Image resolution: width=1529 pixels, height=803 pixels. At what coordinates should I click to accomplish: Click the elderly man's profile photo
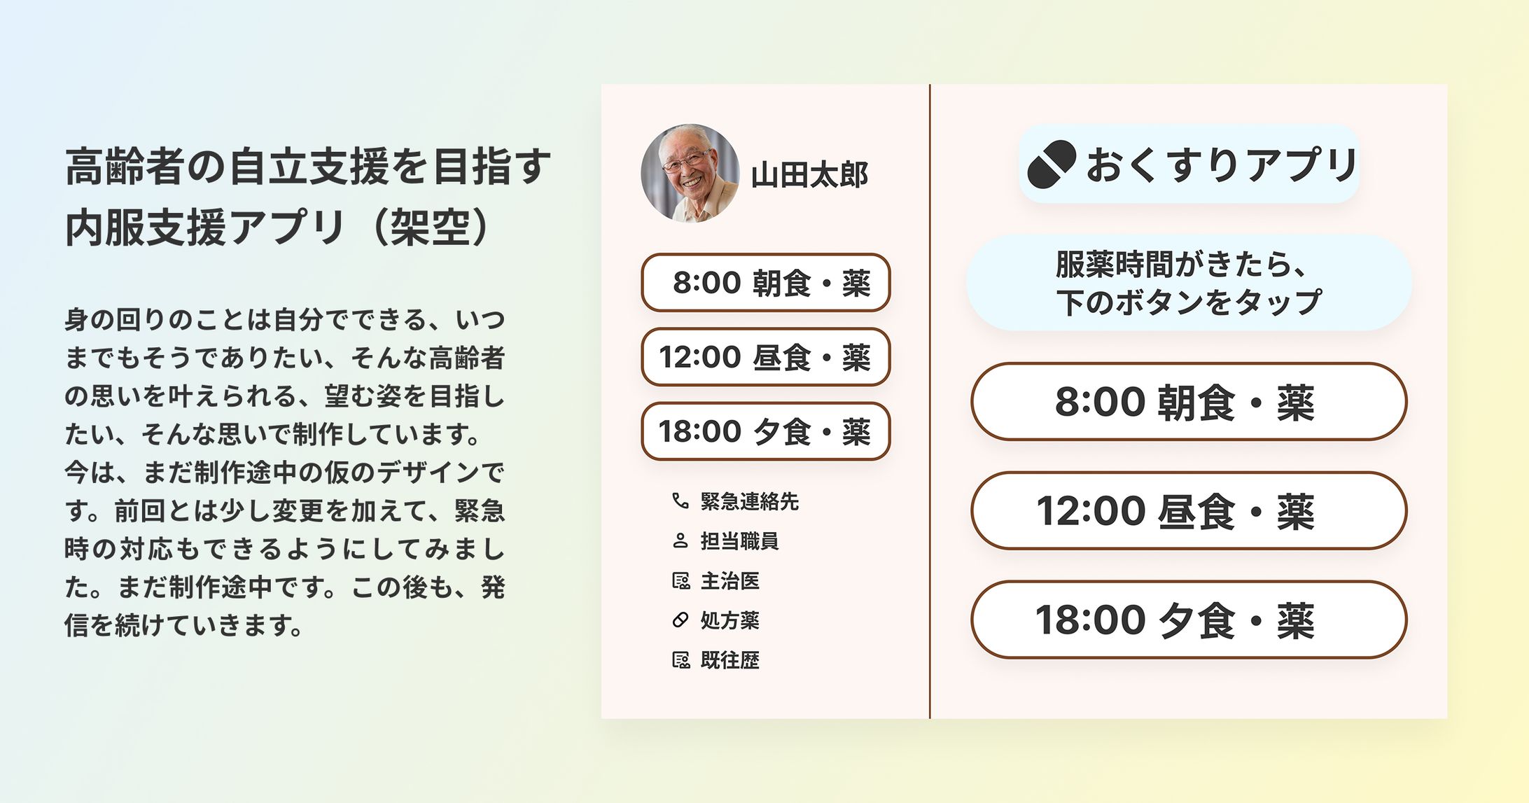tap(690, 174)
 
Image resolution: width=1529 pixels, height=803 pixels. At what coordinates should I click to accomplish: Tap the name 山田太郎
tap(809, 175)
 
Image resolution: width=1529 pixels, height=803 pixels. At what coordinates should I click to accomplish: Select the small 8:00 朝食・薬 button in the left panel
tap(765, 283)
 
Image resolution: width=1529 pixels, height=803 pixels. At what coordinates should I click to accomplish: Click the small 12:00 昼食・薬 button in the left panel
tap(765, 357)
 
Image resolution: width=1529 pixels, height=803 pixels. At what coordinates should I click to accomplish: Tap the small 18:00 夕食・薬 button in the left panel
tap(765, 431)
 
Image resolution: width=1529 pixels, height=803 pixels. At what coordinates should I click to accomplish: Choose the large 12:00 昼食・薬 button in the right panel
tap(1188, 511)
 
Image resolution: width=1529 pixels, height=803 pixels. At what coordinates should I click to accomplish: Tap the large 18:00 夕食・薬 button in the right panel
tap(1188, 620)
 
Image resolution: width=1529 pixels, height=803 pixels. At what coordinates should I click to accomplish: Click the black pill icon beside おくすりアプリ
tap(1051, 165)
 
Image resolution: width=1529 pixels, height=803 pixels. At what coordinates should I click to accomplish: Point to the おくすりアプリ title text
tap(1222, 165)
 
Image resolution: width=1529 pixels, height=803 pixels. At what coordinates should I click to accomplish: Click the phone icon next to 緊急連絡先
tap(680, 501)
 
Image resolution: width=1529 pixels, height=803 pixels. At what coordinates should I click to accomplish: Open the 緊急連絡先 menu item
tap(749, 501)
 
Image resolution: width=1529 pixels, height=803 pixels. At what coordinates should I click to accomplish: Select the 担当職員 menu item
tap(739, 541)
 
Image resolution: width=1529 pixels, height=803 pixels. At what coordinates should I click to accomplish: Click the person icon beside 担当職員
tap(680, 541)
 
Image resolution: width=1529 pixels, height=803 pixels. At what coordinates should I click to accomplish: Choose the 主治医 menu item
tap(729, 581)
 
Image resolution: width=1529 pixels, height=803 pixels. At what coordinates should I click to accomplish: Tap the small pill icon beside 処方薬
tap(680, 620)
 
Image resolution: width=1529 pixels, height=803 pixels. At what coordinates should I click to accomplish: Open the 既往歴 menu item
tap(729, 660)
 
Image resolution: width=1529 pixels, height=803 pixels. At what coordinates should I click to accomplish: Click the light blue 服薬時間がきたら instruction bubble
tap(1188, 283)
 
